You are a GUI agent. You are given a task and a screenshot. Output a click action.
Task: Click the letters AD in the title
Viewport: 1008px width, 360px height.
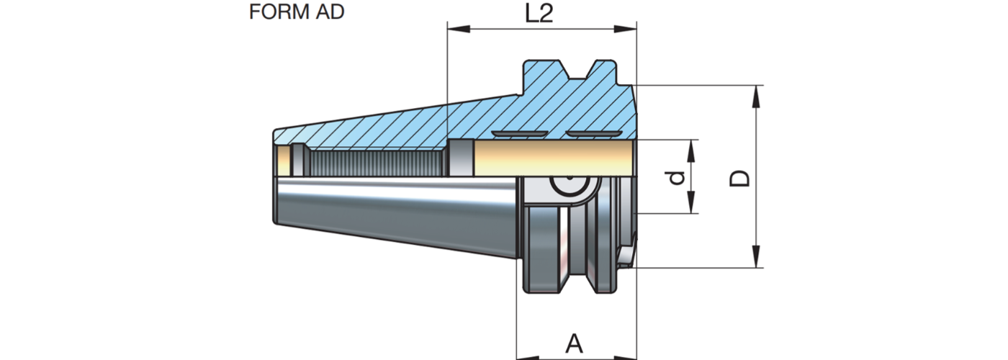328,12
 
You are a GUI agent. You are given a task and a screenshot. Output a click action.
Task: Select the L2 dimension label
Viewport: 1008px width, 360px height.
539,14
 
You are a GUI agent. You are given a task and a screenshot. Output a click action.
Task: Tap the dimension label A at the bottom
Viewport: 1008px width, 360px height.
574,343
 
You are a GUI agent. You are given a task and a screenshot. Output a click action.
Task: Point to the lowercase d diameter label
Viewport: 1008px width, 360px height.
675,177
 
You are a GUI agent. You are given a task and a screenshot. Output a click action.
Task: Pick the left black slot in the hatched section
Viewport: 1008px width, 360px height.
519,135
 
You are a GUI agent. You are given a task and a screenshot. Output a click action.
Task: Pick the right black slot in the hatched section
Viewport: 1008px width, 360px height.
591,135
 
